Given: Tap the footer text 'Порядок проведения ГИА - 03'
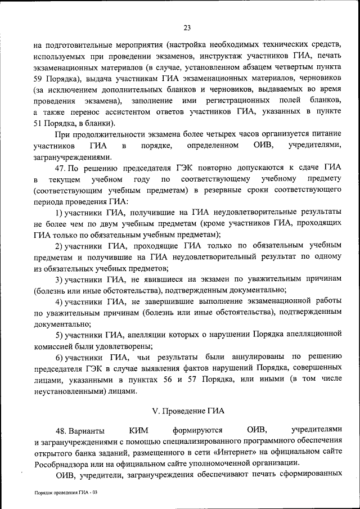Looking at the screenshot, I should [x=66, y=492].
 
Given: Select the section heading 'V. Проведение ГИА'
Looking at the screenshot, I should [x=187, y=410].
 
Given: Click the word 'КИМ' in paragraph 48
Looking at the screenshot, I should [x=138, y=431].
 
